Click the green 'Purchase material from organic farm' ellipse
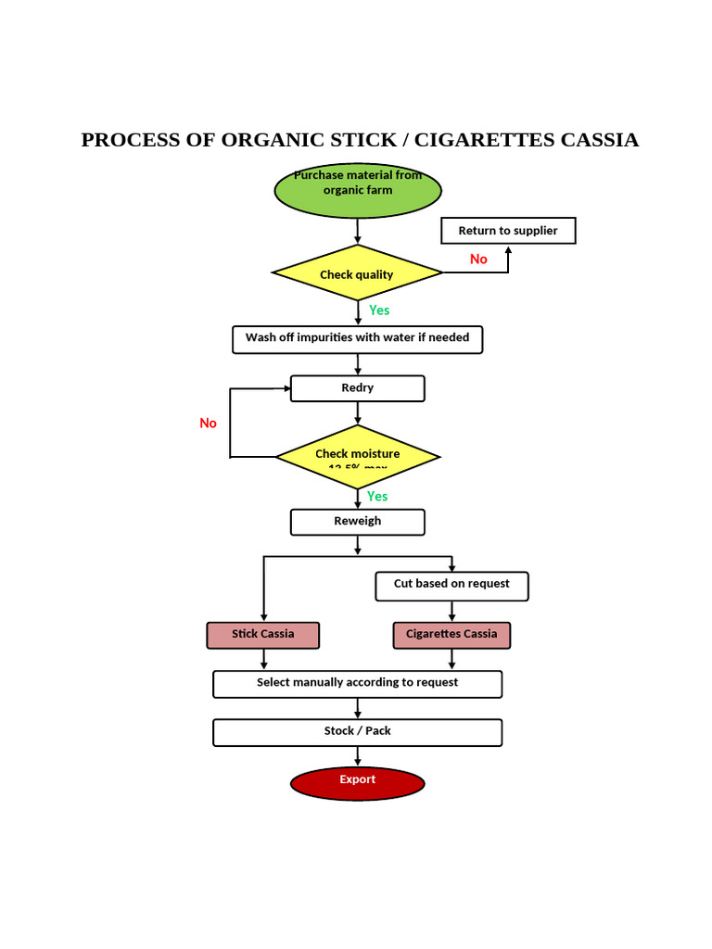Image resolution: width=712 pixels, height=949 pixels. pyautogui.click(x=358, y=191)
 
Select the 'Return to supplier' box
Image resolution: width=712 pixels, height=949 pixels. pyautogui.click(x=508, y=231)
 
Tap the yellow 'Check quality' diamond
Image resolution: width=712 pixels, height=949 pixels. pyautogui.click(x=357, y=273)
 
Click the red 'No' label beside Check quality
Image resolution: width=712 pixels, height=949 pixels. pyautogui.click(x=478, y=259)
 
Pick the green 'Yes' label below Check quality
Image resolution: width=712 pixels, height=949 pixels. pyautogui.click(x=379, y=310)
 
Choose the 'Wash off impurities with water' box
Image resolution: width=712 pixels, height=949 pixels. pyautogui.click(x=357, y=339)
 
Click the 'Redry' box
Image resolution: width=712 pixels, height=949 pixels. pyautogui.click(x=357, y=388)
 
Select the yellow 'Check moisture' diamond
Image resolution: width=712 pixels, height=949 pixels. pyautogui.click(x=357, y=456)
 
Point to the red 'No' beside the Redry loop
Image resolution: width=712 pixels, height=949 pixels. pyautogui.click(x=208, y=424)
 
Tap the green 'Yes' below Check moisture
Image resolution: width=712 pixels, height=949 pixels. pyautogui.click(x=377, y=497)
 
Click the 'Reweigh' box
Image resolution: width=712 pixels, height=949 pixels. pyautogui.click(x=357, y=522)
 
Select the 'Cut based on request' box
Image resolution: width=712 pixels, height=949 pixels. pyautogui.click(x=451, y=586)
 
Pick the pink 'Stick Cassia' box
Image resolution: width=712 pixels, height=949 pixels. pyautogui.click(x=262, y=635)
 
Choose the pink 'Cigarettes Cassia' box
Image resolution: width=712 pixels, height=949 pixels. pyautogui.click(x=451, y=635)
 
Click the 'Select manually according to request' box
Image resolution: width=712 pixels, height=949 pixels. pyautogui.click(x=357, y=684)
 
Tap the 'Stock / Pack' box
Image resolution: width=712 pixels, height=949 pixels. pyautogui.click(x=357, y=732)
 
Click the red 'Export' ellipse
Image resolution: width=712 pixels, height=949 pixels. pyautogui.click(x=357, y=783)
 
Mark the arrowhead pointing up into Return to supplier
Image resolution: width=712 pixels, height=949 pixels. pyautogui.click(x=508, y=250)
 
